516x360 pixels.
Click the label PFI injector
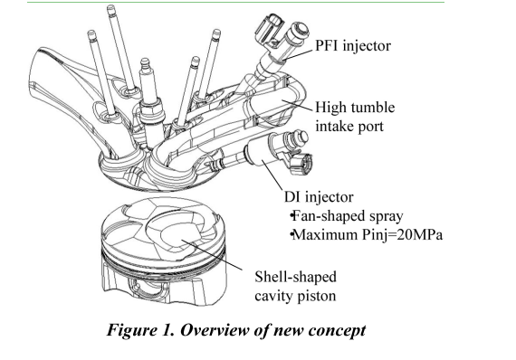click(x=353, y=45)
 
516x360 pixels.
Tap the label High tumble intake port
click(x=355, y=117)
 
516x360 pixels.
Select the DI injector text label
click(x=319, y=196)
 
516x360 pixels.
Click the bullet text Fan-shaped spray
click(x=348, y=216)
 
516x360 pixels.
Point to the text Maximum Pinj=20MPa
click(x=367, y=235)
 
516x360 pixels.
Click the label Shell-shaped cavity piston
click(x=295, y=286)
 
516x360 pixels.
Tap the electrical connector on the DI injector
click(x=301, y=164)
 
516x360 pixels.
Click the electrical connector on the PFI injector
click(x=270, y=28)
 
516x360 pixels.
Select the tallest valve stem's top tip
click(x=111, y=6)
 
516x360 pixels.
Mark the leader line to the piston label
click(x=212, y=255)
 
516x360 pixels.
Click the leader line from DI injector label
click(x=272, y=175)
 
